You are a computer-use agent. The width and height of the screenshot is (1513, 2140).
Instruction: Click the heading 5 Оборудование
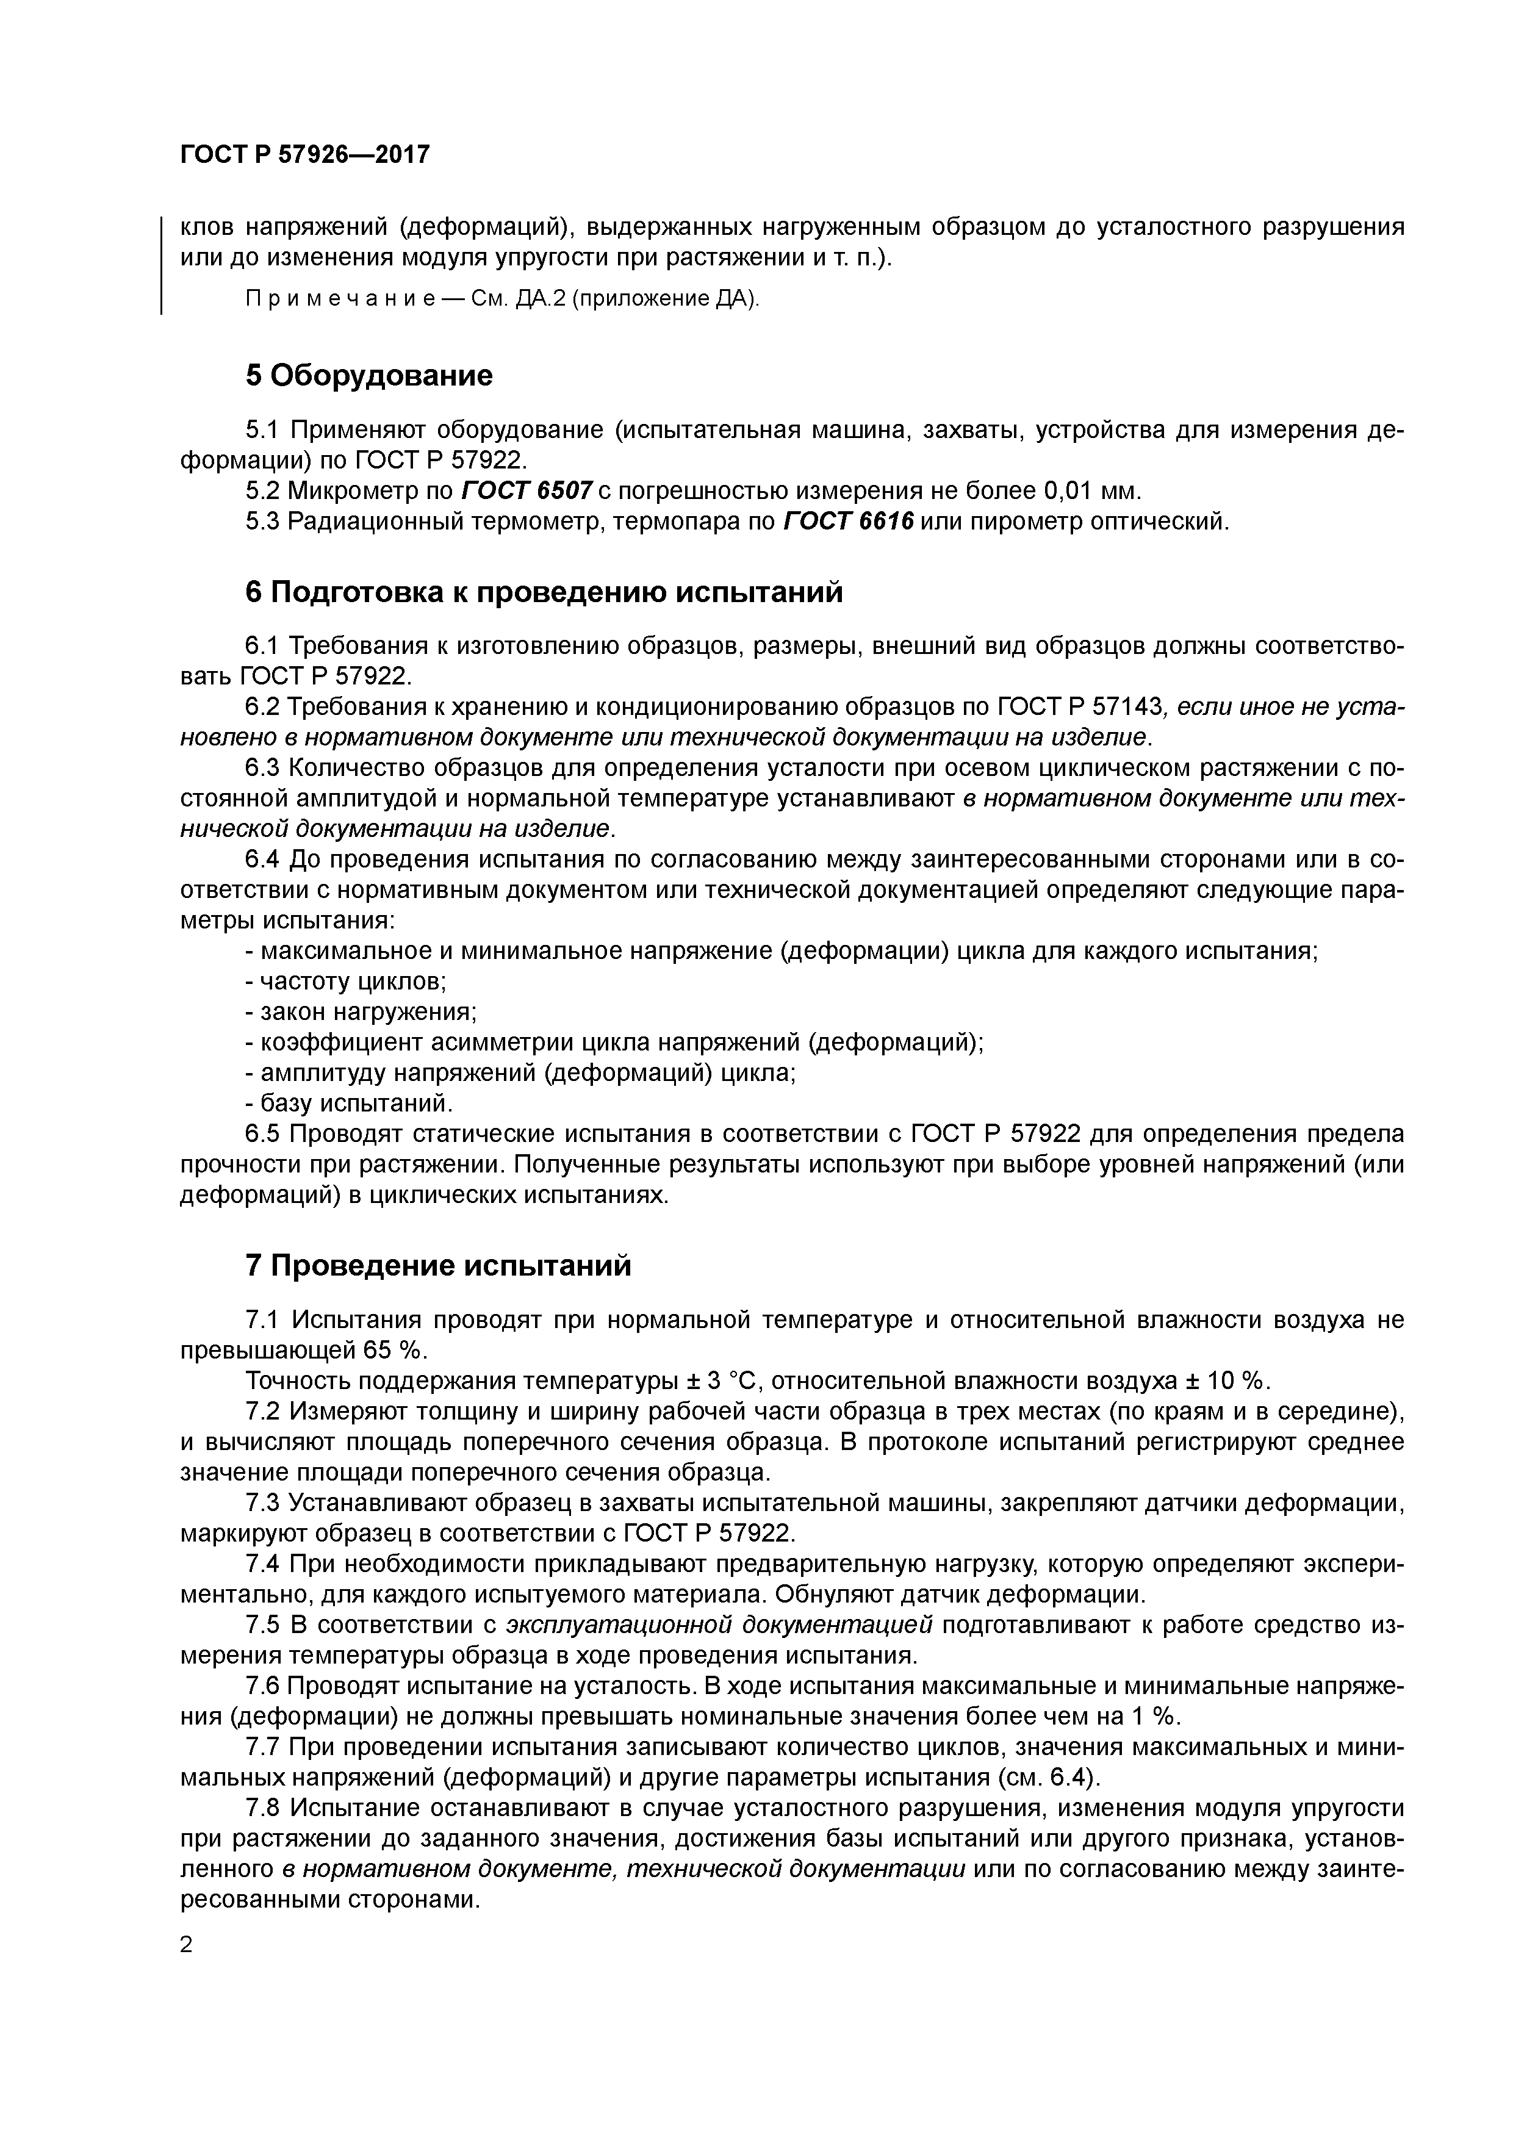(x=368, y=376)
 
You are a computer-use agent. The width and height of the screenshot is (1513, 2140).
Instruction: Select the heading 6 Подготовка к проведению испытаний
(x=544, y=592)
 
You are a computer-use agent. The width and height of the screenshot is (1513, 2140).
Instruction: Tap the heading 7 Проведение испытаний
(x=438, y=1266)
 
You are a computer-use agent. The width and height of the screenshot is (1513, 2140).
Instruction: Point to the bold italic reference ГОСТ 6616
(x=849, y=522)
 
